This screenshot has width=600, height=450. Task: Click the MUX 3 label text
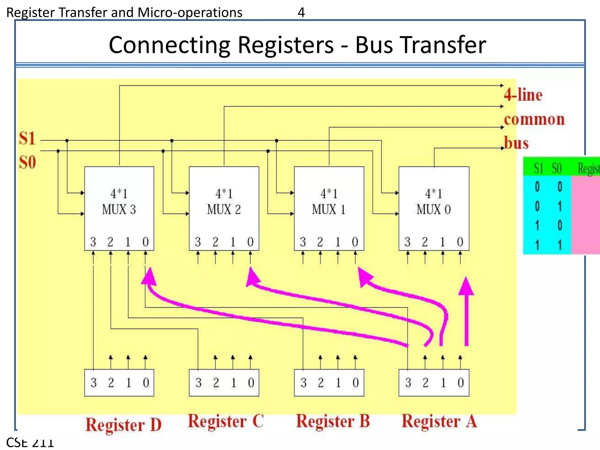[x=119, y=209]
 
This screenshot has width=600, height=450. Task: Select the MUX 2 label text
[x=224, y=209]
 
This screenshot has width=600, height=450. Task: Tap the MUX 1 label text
[x=329, y=209]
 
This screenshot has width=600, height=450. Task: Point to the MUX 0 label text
[x=434, y=209]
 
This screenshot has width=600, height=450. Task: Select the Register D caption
[x=123, y=425]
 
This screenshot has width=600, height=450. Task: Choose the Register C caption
[x=226, y=421]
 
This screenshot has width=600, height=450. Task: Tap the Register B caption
[x=333, y=421]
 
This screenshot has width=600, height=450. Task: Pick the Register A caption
[x=439, y=421]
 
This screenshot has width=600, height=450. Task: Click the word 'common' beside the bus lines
[x=534, y=119]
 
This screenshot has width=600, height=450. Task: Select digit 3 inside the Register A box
[x=408, y=383]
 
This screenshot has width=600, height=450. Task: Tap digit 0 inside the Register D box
[x=146, y=383]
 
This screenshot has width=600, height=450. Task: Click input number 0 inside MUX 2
[x=250, y=242]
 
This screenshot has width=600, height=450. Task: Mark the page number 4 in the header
[x=301, y=13]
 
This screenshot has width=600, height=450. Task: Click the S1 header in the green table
[x=538, y=168]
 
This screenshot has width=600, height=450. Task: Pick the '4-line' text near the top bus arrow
[x=523, y=95]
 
